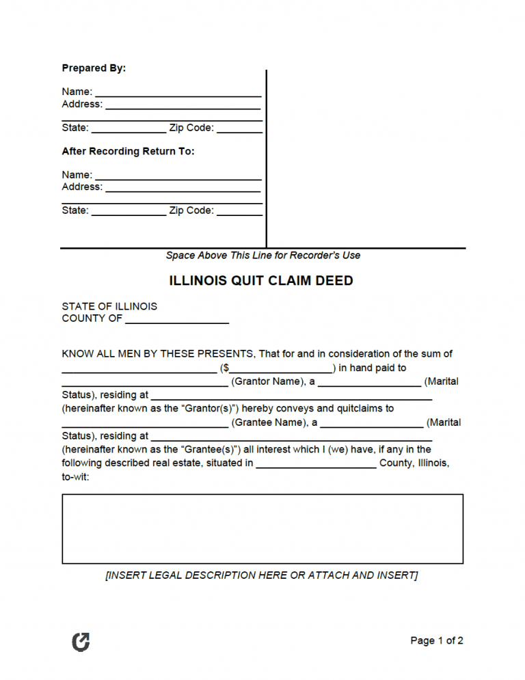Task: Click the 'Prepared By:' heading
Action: click(x=94, y=68)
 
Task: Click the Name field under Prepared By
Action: click(x=178, y=93)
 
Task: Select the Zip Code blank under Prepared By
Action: click(x=239, y=129)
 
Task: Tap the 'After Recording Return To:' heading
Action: click(x=128, y=151)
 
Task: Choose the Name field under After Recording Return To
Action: click(x=178, y=176)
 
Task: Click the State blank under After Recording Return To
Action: click(x=129, y=212)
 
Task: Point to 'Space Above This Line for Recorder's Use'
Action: click(x=262, y=256)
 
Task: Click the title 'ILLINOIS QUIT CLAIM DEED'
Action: click(x=261, y=281)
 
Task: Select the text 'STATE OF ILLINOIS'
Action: click(x=109, y=306)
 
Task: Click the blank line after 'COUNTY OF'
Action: click(x=177, y=320)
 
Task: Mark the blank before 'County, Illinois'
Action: click(x=316, y=465)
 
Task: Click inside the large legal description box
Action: click(x=262, y=529)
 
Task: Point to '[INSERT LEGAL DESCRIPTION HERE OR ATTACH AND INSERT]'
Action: click(x=262, y=575)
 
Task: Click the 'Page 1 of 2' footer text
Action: click(x=436, y=640)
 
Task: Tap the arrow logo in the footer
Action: click(x=81, y=641)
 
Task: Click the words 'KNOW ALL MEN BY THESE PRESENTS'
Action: click(x=157, y=354)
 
